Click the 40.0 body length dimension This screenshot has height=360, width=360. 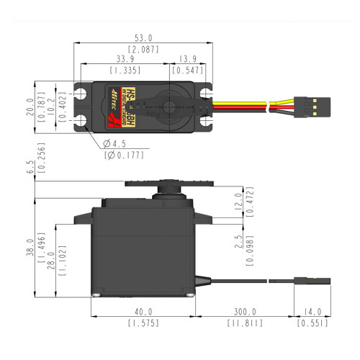144,311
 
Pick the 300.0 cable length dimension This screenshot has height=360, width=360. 245,311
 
